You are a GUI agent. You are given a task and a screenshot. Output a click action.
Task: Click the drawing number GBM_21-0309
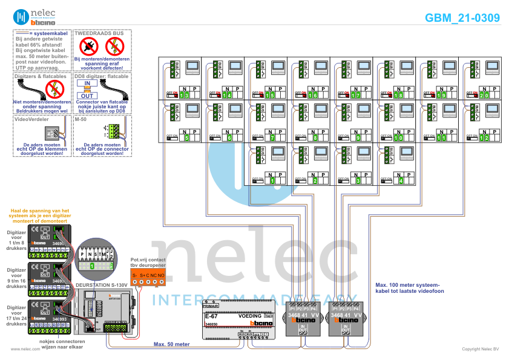point(462,18)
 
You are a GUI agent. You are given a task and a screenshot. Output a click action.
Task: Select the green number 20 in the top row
point(485,96)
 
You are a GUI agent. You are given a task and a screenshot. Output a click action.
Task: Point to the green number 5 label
point(187,139)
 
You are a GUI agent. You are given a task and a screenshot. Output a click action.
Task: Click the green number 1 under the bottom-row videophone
point(272,180)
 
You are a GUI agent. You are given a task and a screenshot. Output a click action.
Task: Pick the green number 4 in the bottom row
point(401,180)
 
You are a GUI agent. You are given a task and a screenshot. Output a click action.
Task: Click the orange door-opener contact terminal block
point(148,276)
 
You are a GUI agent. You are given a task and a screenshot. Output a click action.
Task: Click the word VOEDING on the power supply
point(250,316)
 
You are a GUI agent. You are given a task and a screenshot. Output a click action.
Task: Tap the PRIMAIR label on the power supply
point(211,308)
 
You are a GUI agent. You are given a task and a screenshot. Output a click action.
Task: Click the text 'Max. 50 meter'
point(172,344)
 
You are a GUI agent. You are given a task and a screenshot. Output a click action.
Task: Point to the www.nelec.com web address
point(21,349)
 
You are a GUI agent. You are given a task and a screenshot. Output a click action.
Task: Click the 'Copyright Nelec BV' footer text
point(480,349)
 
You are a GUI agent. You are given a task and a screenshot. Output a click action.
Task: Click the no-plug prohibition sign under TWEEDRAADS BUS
point(90,45)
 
